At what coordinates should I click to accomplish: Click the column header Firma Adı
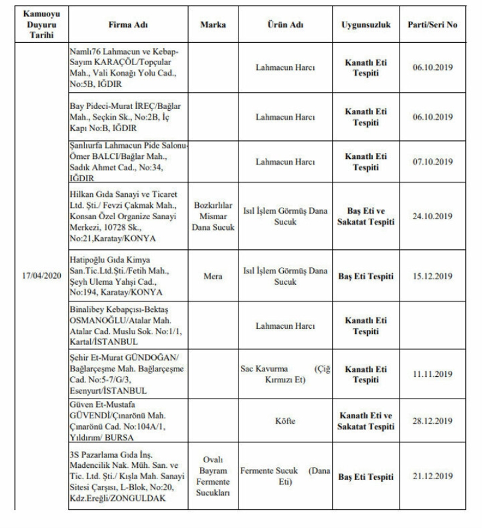pyautogui.click(x=128, y=25)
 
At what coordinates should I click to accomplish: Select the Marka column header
pyautogui.click(x=213, y=25)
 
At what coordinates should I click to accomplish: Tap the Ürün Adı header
pyautogui.click(x=285, y=25)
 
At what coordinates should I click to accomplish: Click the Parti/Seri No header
pyautogui.click(x=433, y=25)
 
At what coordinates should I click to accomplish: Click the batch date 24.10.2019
pyautogui.click(x=433, y=216)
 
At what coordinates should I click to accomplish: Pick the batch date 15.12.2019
pyautogui.click(x=433, y=276)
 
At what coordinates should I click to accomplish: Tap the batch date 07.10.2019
pyautogui.click(x=433, y=162)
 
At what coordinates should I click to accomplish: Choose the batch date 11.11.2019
pyautogui.click(x=433, y=374)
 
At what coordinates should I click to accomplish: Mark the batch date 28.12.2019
pyautogui.click(x=433, y=421)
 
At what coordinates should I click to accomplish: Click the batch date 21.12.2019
pyautogui.click(x=433, y=476)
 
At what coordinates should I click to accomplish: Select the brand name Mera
pyautogui.click(x=213, y=276)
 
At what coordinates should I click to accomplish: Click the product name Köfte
pyautogui.click(x=285, y=421)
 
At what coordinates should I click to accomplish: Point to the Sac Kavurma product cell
pyautogui.click(x=285, y=374)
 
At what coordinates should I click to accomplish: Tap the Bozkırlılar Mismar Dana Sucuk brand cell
pyautogui.click(x=213, y=216)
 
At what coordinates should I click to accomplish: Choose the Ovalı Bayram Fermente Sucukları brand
pyautogui.click(x=213, y=476)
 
